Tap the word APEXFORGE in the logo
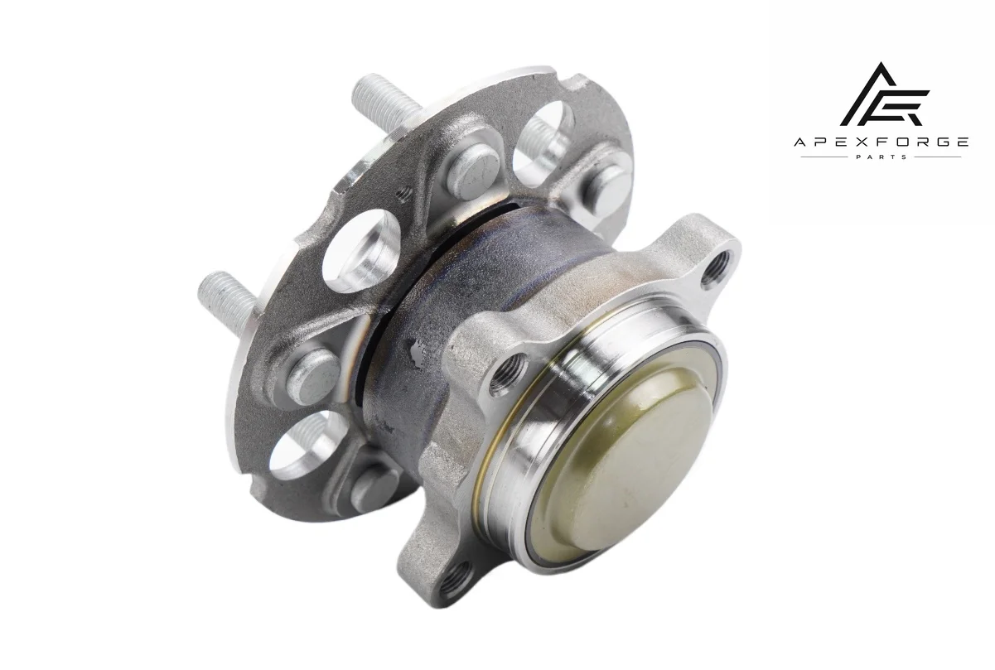(x=881, y=142)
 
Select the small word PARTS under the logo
(x=881, y=157)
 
